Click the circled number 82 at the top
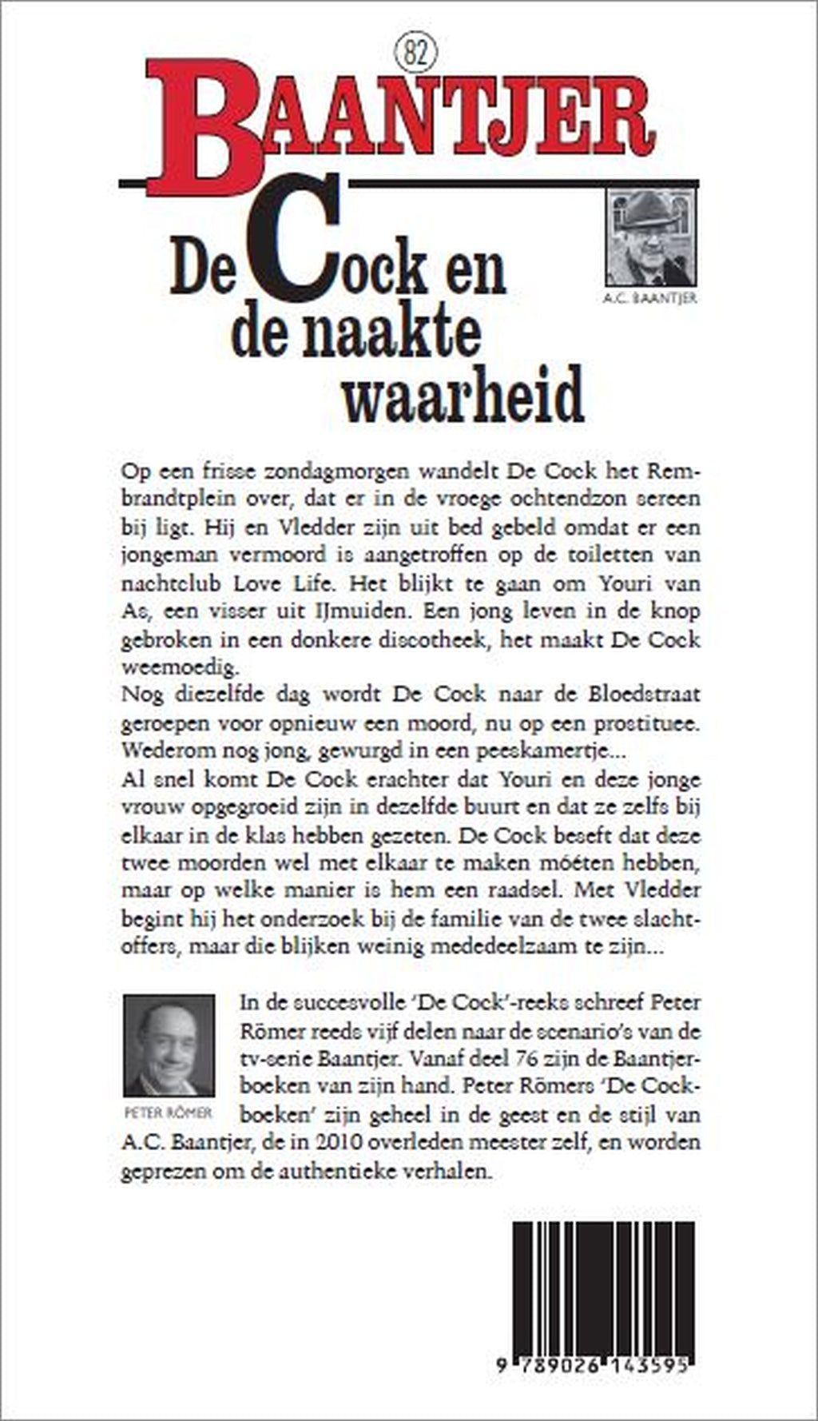tap(412, 54)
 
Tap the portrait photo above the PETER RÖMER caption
tap(169, 1045)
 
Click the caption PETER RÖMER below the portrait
tap(169, 1113)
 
